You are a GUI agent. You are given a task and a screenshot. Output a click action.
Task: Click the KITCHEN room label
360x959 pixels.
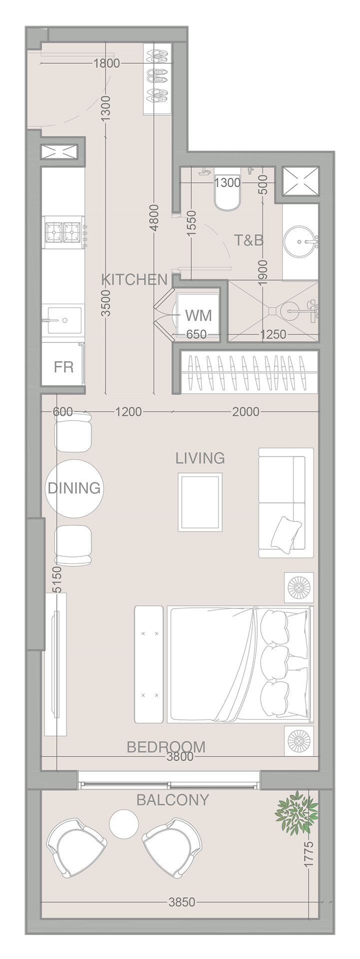[x=134, y=280]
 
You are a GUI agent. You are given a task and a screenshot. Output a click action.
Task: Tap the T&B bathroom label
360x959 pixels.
[x=249, y=240]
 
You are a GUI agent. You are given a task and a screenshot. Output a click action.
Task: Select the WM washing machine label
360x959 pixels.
[x=198, y=316]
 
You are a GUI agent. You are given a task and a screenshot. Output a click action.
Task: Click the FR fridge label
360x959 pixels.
[x=63, y=367]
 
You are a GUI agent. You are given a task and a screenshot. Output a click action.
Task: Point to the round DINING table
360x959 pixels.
[x=74, y=488]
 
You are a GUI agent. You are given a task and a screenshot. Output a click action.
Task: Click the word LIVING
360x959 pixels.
[x=200, y=458]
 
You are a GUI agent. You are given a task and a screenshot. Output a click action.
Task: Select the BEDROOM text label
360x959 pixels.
[x=166, y=747]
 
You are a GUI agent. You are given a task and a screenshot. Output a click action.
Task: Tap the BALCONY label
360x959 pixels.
[x=172, y=800]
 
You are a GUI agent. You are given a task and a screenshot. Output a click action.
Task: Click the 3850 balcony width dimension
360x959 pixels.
[x=182, y=902]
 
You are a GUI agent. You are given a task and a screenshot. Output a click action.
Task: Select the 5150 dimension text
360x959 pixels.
[x=57, y=579]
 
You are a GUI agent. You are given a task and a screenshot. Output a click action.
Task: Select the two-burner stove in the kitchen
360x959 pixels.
[x=63, y=232]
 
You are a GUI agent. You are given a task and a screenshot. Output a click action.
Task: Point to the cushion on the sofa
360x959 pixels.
[x=286, y=533]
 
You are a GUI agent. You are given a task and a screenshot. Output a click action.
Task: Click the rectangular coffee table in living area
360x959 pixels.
[x=200, y=502]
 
